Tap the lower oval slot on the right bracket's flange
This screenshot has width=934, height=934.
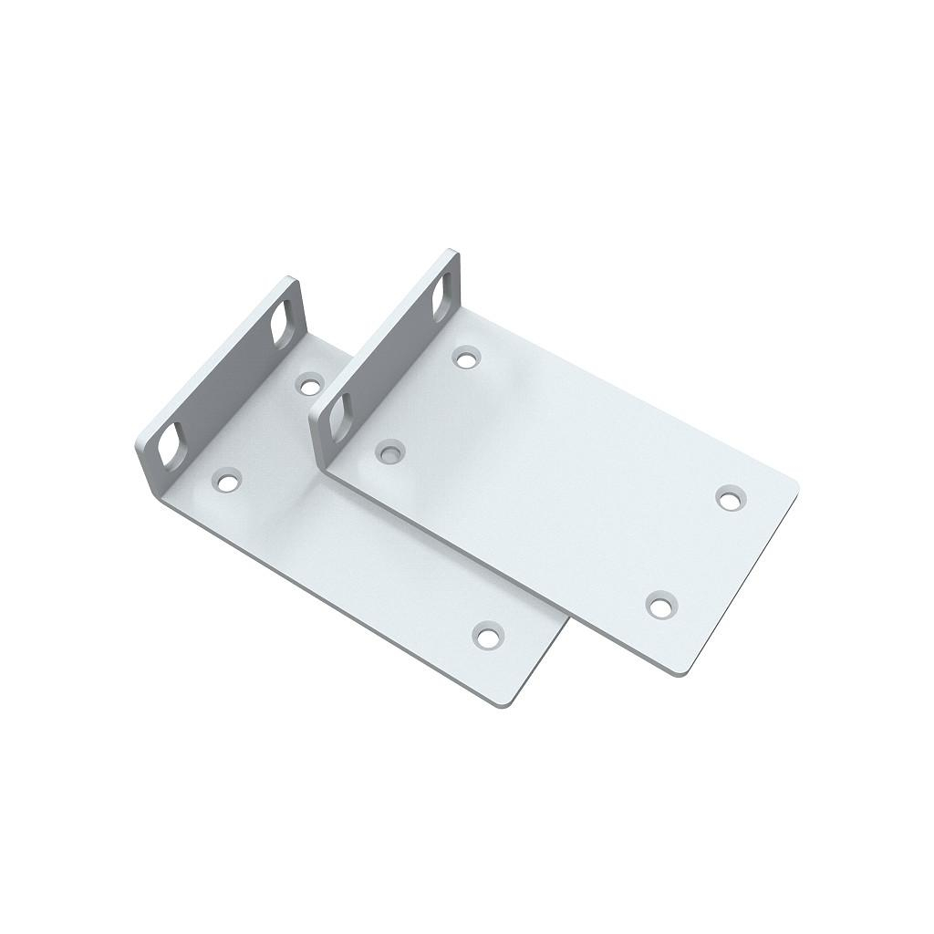tap(336, 415)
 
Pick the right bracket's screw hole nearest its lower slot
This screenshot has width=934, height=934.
tap(391, 451)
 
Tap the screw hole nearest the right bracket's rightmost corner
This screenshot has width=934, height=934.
tap(728, 498)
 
